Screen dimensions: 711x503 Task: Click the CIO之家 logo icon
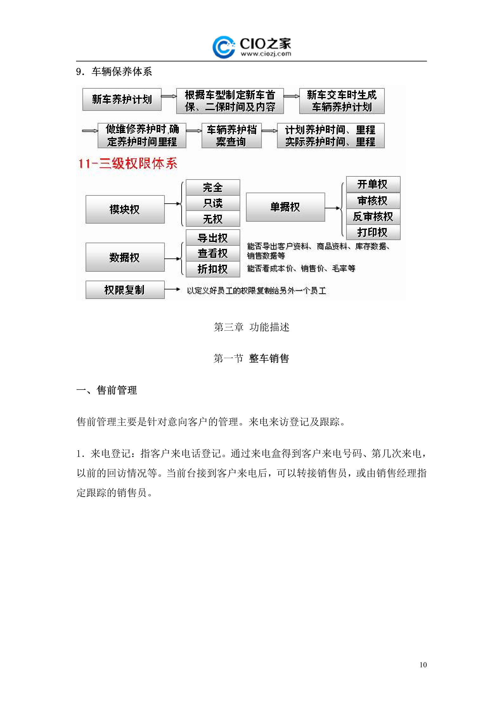pos(223,47)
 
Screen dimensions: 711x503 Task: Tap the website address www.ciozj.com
pos(266,54)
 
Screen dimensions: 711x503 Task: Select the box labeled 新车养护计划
pos(122,99)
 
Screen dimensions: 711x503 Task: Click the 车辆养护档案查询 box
pos(231,136)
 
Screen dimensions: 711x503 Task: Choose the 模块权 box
pos(125,209)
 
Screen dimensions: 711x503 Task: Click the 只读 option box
pos(213,203)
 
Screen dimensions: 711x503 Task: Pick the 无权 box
pos(213,219)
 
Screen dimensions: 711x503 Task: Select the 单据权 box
pos(285,207)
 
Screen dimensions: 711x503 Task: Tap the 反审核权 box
pos(373,217)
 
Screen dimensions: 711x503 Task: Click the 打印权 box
pos(373,232)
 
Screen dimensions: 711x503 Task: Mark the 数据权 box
pos(125,257)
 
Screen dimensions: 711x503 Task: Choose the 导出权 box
pos(213,238)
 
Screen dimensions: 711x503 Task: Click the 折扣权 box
pos(213,269)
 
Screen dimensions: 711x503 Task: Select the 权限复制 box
pos(125,290)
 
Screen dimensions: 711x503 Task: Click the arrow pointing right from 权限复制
pos(173,289)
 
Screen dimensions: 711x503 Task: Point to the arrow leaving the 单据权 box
pos(333,208)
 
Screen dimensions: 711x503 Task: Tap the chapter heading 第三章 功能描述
pos(252,327)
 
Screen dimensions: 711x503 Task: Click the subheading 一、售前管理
pos(107,390)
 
